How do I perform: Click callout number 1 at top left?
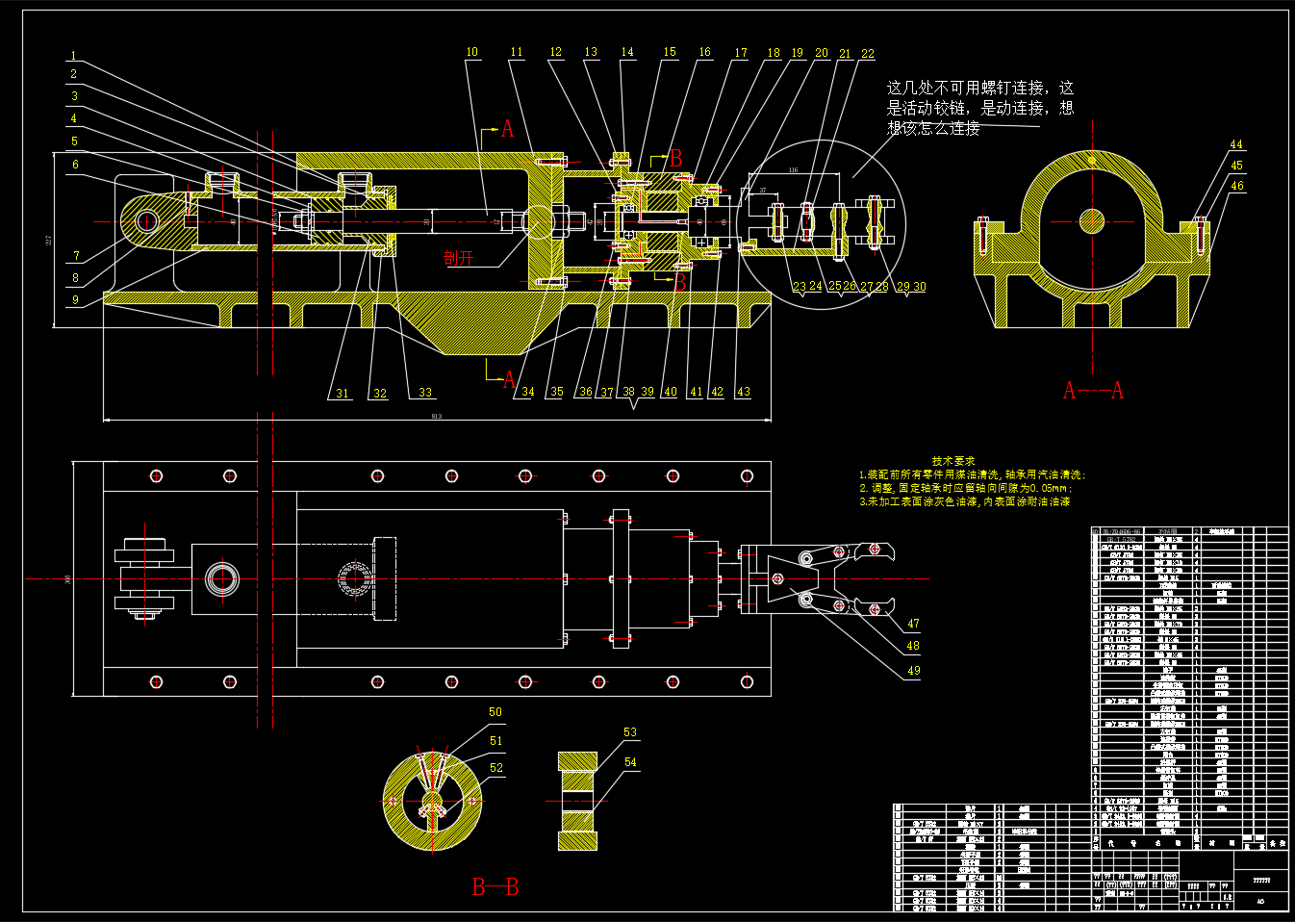click(73, 56)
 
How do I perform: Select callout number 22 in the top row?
click(868, 54)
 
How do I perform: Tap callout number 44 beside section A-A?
click(1236, 144)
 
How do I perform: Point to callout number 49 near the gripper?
click(913, 671)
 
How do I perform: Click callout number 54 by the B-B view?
click(630, 762)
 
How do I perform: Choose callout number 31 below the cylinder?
click(343, 393)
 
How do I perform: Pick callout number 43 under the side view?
click(743, 392)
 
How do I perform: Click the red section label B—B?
click(495, 886)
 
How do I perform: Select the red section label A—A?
click(1093, 390)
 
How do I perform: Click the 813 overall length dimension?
click(437, 416)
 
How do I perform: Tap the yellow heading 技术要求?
click(953, 461)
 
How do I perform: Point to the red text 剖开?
click(459, 257)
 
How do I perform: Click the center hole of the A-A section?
click(1092, 221)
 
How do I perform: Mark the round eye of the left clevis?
click(146, 221)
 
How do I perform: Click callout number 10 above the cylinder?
click(471, 52)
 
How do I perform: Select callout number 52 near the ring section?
click(496, 768)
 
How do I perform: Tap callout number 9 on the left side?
click(75, 299)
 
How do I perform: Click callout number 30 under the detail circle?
click(920, 287)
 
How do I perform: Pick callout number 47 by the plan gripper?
click(913, 624)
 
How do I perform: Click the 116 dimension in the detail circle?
click(794, 170)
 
